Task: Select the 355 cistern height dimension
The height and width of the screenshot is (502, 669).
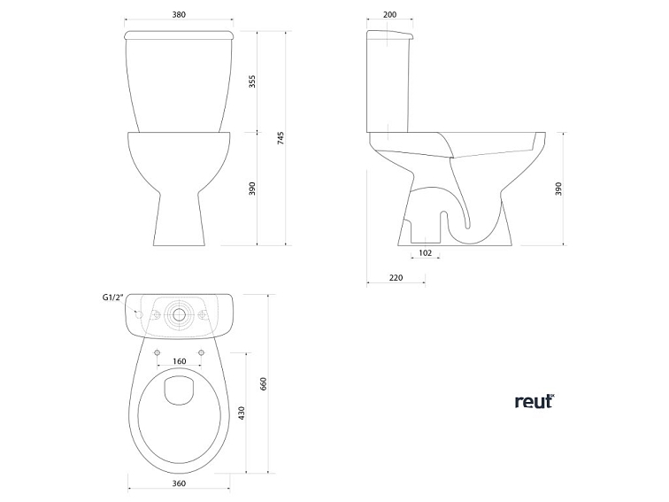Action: pos(252,81)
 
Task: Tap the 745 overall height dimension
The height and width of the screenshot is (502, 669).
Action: pos(281,137)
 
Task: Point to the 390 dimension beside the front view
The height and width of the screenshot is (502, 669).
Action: pos(252,189)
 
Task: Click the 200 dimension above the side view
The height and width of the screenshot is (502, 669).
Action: pos(390,15)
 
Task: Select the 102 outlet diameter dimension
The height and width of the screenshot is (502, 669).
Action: pos(425,253)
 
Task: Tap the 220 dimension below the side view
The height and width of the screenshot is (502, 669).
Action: pos(396,278)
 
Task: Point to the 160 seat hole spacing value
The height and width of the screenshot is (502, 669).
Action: pos(180,361)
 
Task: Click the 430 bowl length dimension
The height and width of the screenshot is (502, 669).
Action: pos(241,413)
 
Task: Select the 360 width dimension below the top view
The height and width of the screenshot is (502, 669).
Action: pos(180,483)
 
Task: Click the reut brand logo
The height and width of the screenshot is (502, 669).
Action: pos(534,401)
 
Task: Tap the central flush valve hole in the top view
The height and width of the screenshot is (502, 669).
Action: pos(180,314)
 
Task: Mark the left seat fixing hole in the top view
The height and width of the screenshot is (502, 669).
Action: pos(157,351)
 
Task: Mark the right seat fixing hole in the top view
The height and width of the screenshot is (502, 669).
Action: pos(203,351)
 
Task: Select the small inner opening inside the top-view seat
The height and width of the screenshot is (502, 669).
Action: pos(180,389)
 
